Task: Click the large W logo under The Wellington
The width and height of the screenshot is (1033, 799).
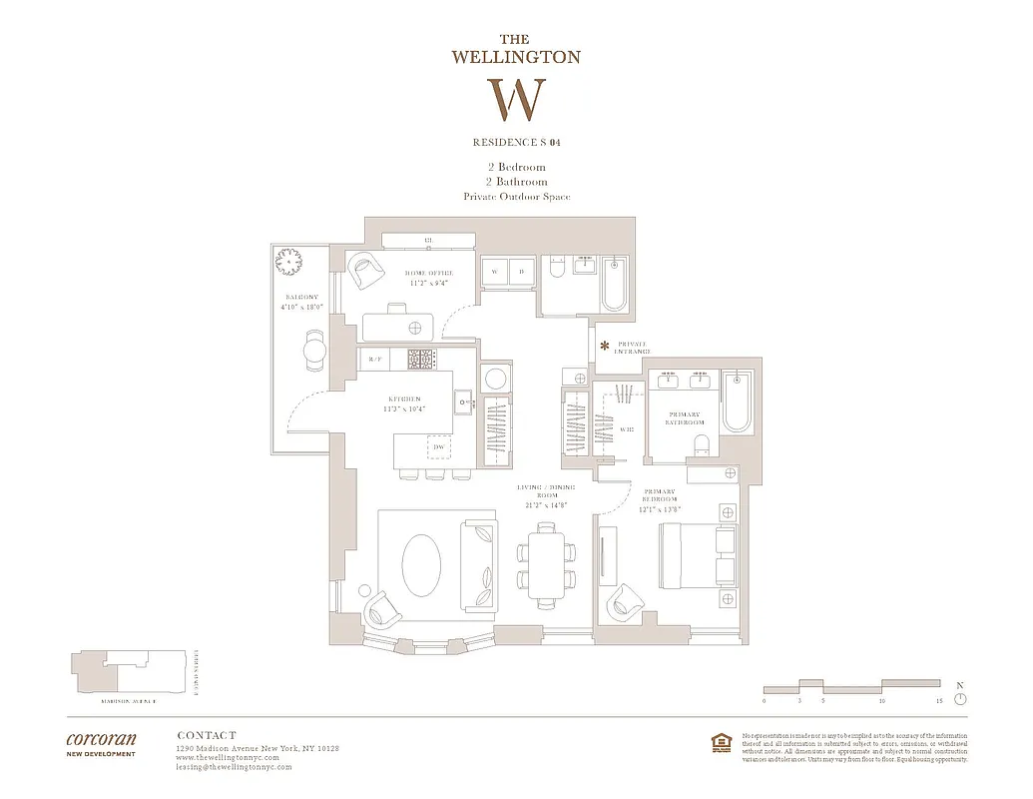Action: point(516,99)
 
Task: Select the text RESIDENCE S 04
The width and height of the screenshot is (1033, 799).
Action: point(516,143)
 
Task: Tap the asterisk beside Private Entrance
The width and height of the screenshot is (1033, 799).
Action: point(604,346)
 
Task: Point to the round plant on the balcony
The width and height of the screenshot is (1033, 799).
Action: point(288,262)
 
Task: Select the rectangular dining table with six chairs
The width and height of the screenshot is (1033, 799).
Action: point(546,567)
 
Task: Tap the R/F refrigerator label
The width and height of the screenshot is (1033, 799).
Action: point(375,359)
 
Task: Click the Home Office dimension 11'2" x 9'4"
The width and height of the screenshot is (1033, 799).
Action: point(429,283)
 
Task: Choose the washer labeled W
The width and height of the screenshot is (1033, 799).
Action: point(494,272)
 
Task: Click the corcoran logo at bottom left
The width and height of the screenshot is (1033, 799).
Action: point(101,741)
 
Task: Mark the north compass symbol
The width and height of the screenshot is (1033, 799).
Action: point(960,698)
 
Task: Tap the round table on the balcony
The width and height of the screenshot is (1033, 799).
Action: point(314,350)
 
